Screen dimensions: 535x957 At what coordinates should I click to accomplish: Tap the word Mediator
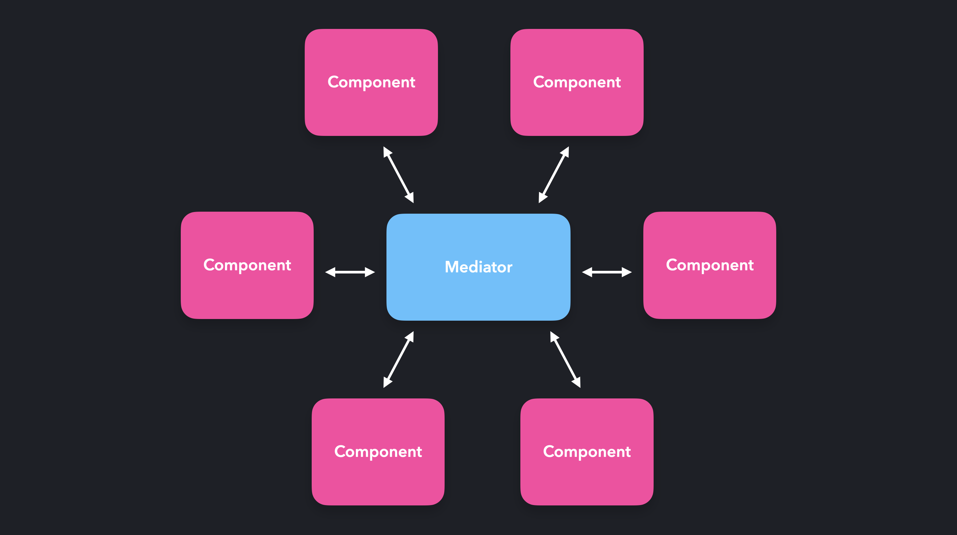click(478, 267)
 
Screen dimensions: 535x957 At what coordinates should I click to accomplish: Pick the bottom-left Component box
click(378, 479)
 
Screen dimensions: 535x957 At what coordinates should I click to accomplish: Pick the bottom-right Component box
click(586, 479)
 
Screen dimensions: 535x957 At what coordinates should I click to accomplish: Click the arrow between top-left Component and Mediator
click(399, 174)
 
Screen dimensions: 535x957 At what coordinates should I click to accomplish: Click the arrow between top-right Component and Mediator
click(554, 174)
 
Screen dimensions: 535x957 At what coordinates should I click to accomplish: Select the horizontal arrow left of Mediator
click(350, 272)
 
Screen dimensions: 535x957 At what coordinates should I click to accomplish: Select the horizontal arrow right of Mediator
click(607, 272)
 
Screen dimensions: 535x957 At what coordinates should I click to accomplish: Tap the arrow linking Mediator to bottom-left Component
click(399, 359)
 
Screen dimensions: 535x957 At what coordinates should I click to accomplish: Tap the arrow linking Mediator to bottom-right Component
click(565, 359)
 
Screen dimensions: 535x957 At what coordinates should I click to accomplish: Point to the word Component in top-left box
click(371, 82)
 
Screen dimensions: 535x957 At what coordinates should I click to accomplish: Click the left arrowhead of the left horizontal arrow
click(330, 272)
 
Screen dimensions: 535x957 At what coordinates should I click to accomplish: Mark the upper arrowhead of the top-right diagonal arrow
click(566, 151)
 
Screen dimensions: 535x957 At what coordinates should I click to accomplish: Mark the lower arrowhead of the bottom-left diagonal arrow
click(387, 383)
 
